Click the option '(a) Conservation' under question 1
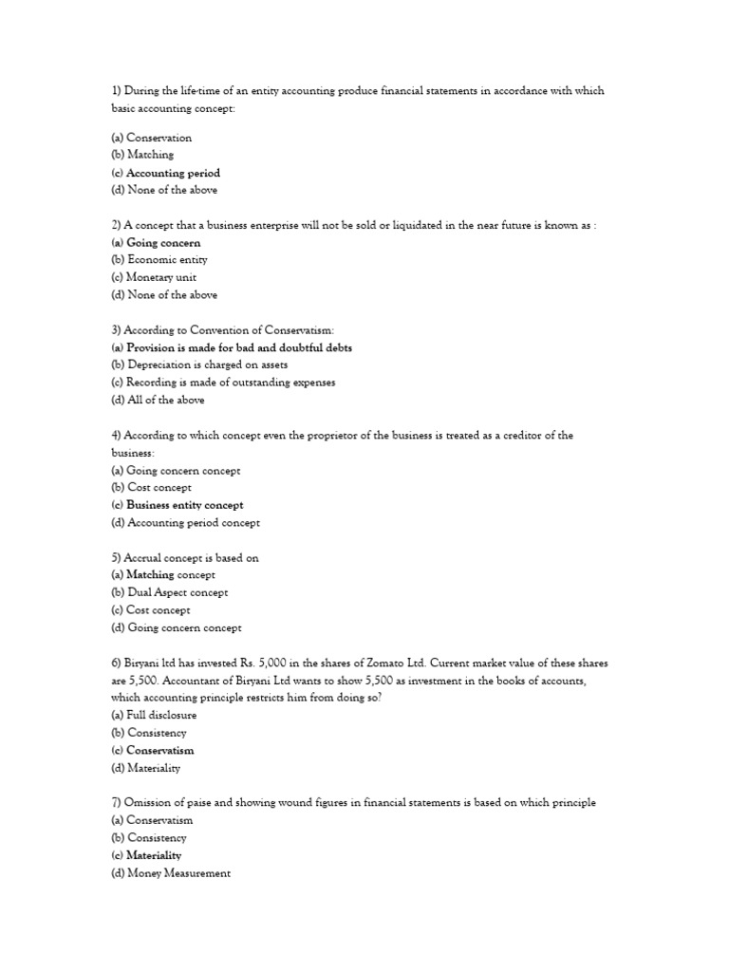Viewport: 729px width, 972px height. point(151,138)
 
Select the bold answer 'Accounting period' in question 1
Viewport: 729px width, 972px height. point(173,173)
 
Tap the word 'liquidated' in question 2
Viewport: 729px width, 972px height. point(386,225)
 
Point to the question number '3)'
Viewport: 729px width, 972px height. point(117,330)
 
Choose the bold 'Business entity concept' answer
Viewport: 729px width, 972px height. point(184,505)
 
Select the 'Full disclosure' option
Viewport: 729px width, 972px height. point(157,715)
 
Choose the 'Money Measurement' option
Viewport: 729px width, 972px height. point(178,873)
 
